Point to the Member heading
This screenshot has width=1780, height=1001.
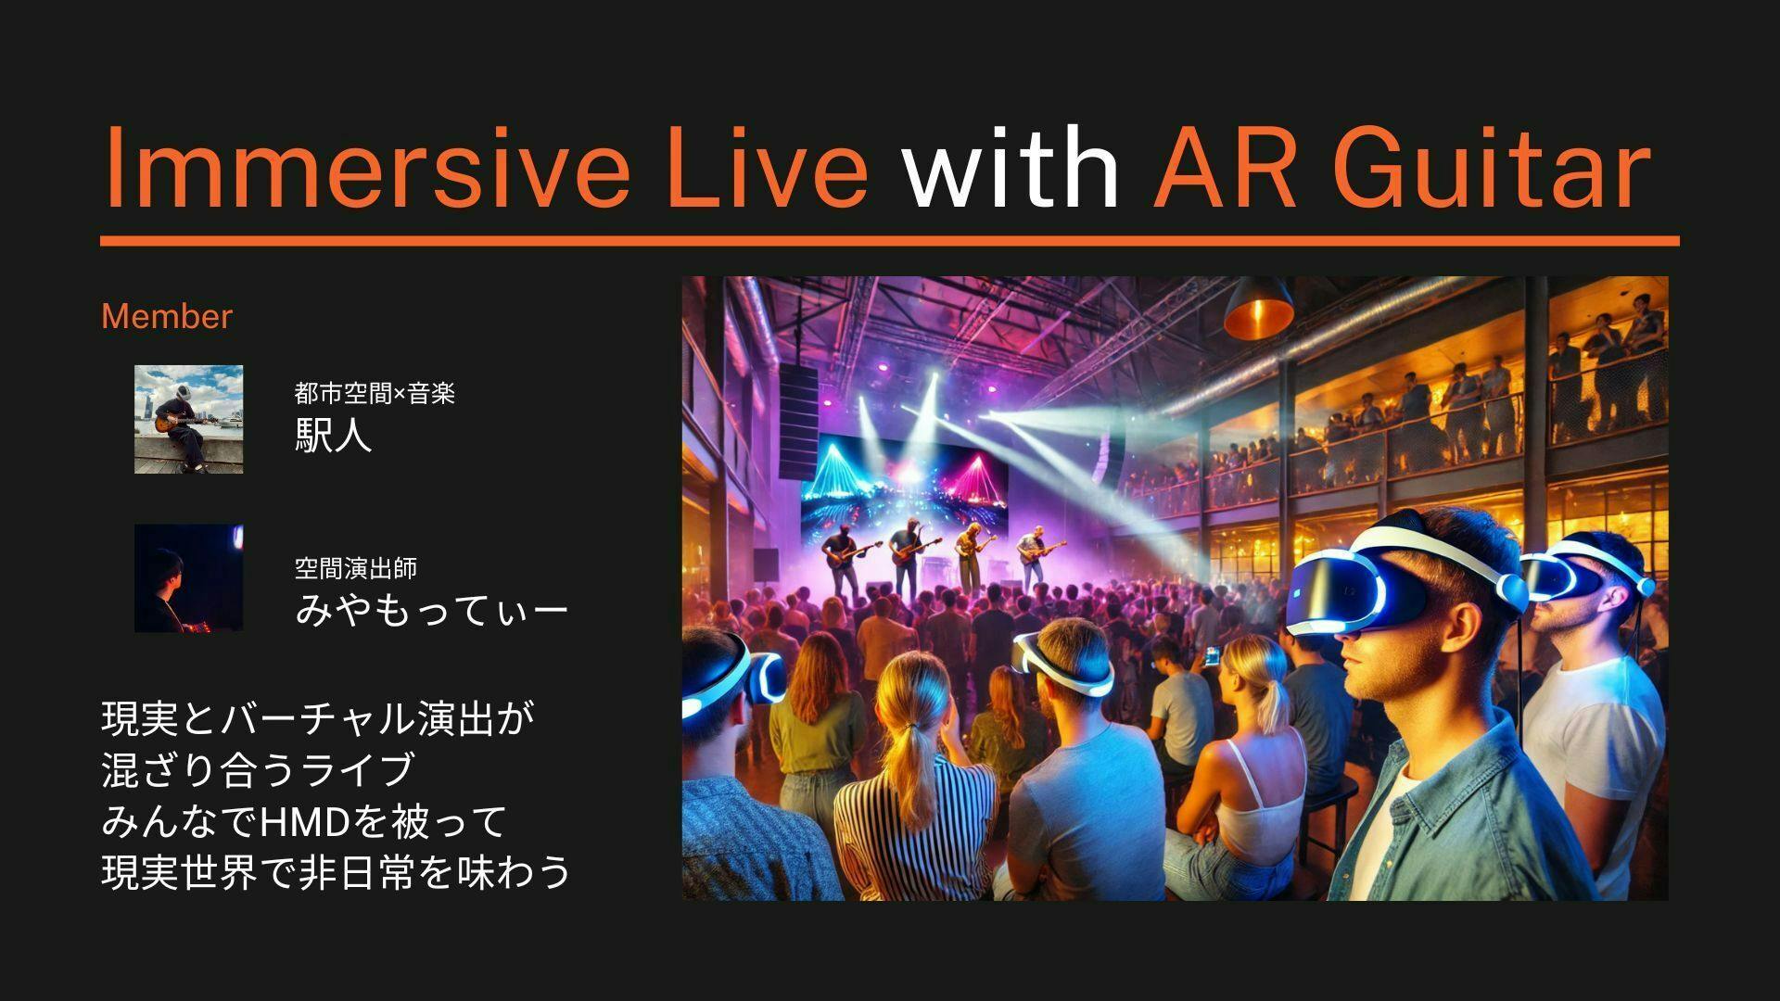[x=167, y=316]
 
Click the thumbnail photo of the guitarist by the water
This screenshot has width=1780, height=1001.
[x=189, y=419]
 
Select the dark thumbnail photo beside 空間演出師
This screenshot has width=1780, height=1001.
[x=189, y=578]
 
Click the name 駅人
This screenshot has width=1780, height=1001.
[x=334, y=435]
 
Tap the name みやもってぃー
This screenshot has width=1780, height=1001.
[x=431, y=609]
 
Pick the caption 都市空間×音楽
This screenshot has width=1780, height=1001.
[x=375, y=393]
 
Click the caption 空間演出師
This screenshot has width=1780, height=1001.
[x=356, y=567]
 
